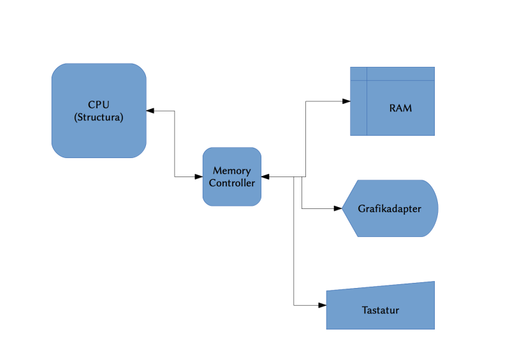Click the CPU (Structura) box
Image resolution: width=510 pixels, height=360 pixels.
99,110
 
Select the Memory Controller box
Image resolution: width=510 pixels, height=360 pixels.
232,176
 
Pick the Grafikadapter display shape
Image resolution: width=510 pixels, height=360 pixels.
390,208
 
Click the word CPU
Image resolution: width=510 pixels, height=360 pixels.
99,104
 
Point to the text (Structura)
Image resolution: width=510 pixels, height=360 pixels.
99,117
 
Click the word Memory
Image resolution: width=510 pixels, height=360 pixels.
232,171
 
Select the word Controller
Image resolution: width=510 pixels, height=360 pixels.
232,183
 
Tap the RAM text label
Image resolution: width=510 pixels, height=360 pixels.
400,108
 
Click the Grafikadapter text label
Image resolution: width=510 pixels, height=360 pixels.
390,208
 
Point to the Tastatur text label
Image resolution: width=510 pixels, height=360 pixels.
381,310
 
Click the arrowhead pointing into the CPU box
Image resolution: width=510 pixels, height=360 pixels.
150,111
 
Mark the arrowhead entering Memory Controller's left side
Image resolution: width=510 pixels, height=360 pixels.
199,176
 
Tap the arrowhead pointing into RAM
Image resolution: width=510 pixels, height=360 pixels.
347,102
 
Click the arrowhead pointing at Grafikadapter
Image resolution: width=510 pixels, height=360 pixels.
339,208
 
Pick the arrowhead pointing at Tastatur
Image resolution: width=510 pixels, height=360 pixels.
323,305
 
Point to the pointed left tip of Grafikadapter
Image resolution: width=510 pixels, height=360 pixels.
344,208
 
